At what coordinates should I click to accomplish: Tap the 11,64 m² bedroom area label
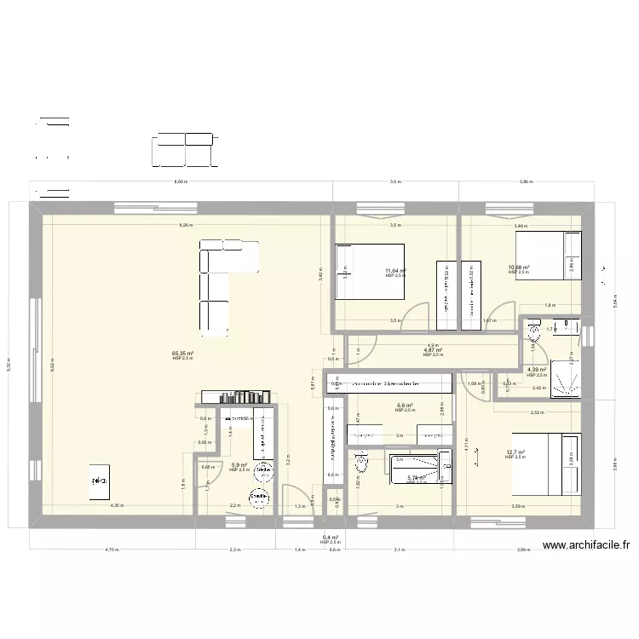pos(395,271)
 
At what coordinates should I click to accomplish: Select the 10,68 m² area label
pos(519,268)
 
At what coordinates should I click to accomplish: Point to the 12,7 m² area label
pos(515,453)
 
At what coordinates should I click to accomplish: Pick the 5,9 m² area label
pos(239,465)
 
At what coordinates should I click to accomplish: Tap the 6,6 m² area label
pos(405,406)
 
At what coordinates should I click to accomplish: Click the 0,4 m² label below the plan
pos(331,538)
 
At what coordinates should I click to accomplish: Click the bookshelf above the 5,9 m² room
pos(236,396)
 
